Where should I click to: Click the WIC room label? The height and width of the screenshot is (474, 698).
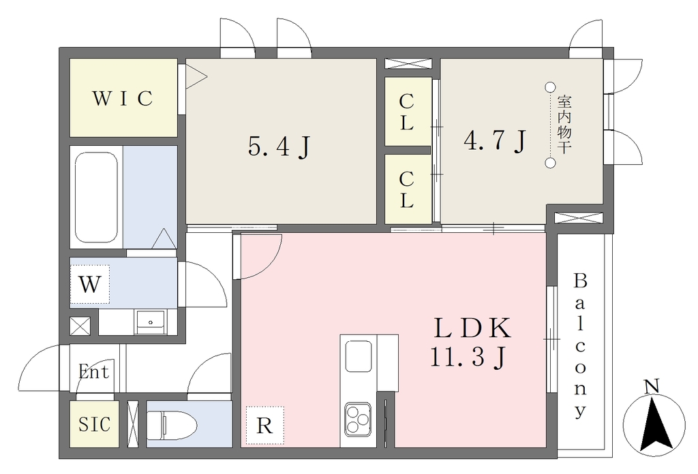click(x=123, y=98)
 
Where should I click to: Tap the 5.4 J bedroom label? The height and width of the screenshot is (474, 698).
click(x=279, y=146)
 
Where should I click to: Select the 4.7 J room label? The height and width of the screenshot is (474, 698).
click(x=495, y=140)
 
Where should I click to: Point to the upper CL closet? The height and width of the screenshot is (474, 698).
click(x=408, y=111)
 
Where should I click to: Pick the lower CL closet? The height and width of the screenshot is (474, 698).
click(x=408, y=189)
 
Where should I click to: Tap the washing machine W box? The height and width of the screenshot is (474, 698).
click(x=89, y=284)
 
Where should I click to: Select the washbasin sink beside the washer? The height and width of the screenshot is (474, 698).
click(x=151, y=322)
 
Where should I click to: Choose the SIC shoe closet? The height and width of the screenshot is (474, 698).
click(x=94, y=424)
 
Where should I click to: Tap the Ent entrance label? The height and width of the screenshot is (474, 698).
click(x=93, y=371)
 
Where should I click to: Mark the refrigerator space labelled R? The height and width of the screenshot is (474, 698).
click(x=264, y=425)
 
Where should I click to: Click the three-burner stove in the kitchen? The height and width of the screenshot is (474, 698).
click(x=356, y=418)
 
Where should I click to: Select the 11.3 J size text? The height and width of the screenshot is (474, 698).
click(x=468, y=357)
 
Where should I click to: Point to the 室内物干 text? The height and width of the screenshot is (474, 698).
click(x=564, y=125)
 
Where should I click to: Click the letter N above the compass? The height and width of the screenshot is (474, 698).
click(x=652, y=386)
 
